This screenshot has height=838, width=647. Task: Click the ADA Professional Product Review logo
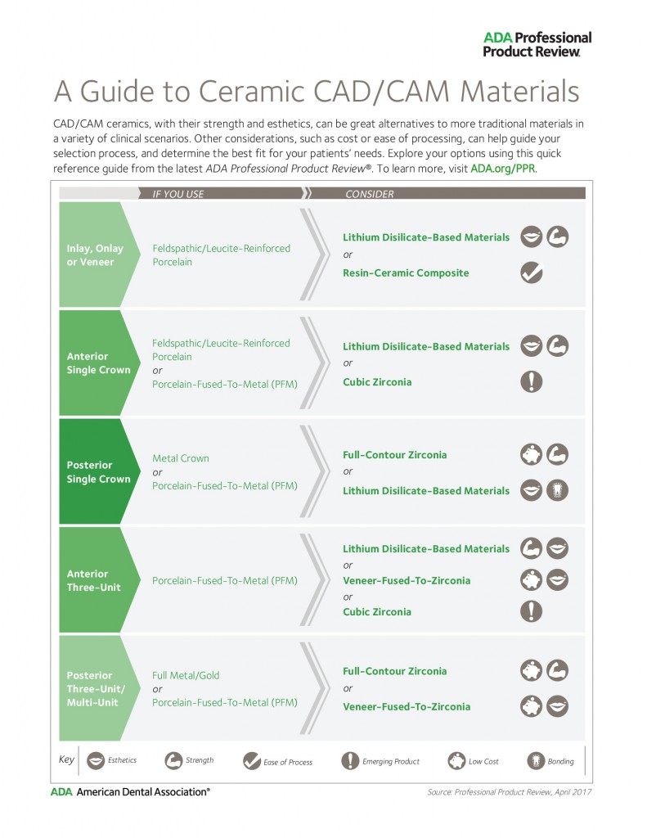(537, 44)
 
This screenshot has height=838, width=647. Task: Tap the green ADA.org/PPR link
(503, 169)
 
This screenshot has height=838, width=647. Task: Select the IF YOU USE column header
(178, 194)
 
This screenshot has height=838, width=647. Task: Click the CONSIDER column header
(369, 194)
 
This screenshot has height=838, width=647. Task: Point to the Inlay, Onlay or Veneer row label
(95, 255)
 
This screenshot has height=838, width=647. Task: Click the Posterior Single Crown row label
(98, 472)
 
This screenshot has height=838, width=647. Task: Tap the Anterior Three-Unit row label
(93, 580)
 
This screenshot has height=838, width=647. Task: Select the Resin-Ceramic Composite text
(406, 273)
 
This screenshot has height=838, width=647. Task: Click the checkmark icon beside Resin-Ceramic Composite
(532, 273)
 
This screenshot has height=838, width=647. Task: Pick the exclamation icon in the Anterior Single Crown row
(531, 381)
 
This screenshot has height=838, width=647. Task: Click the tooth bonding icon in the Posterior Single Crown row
(557, 490)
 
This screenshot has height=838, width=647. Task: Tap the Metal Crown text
(181, 458)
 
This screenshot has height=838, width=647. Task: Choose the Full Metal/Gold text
(186, 675)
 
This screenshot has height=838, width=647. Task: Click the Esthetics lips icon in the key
(96, 760)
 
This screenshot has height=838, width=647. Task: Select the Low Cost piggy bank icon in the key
(456, 761)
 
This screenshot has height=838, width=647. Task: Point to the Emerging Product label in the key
(390, 762)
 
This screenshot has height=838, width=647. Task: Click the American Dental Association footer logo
(130, 791)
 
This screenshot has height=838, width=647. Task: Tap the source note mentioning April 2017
(509, 792)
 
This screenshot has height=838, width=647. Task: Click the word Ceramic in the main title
(252, 91)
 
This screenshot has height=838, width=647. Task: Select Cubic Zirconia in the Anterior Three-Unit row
(376, 611)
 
